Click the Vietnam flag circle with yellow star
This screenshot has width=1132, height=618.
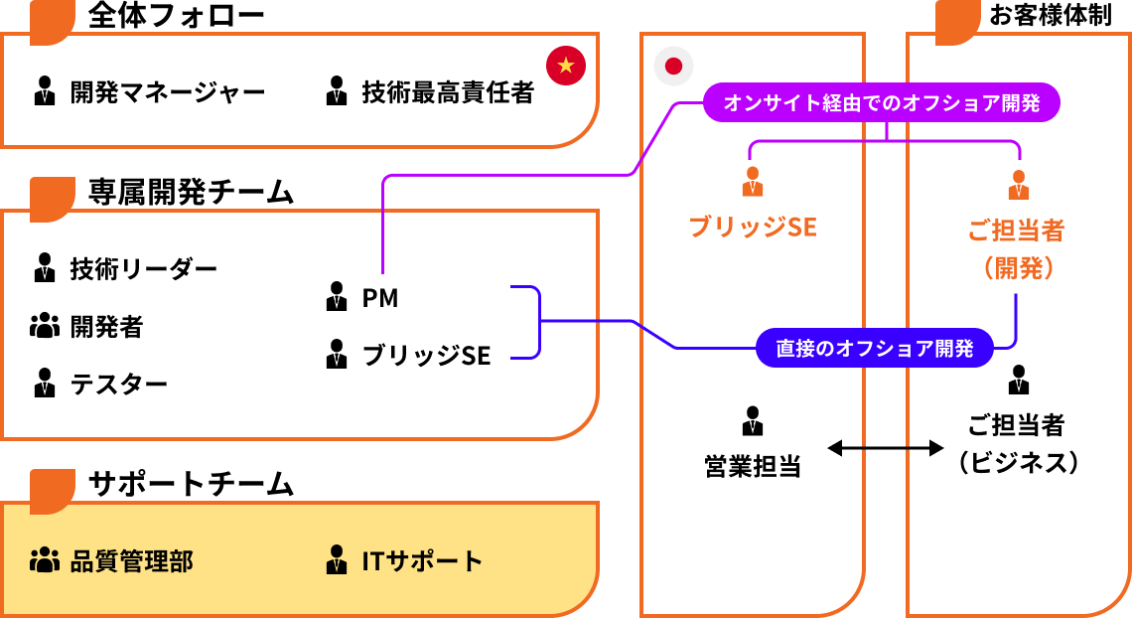tap(566, 66)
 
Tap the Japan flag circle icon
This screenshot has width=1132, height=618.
tap(673, 67)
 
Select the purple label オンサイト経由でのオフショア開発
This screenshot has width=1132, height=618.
tap(882, 103)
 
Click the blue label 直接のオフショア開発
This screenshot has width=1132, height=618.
tap(875, 349)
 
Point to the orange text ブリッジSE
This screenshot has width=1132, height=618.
tap(753, 228)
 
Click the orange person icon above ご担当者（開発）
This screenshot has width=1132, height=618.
tap(1018, 184)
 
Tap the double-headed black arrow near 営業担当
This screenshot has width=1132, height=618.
tap(885, 449)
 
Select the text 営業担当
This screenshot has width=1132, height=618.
tap(753, 465)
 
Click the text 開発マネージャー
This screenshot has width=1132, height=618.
tap(168, 93)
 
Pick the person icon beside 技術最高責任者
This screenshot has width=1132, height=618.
tap(337, 91)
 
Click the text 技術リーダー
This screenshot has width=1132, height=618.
tap(143, 268)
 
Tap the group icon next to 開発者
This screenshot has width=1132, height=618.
tap(45, 325)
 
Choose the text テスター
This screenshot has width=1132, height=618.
tap(119, 384)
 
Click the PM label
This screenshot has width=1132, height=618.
tap(380, 297)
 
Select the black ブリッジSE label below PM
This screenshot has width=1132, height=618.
tap(426, 355)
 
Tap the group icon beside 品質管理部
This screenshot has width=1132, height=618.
tap(45, 560)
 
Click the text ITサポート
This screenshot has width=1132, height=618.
tap(422, 561)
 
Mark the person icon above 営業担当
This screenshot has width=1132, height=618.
tap(753, 420)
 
